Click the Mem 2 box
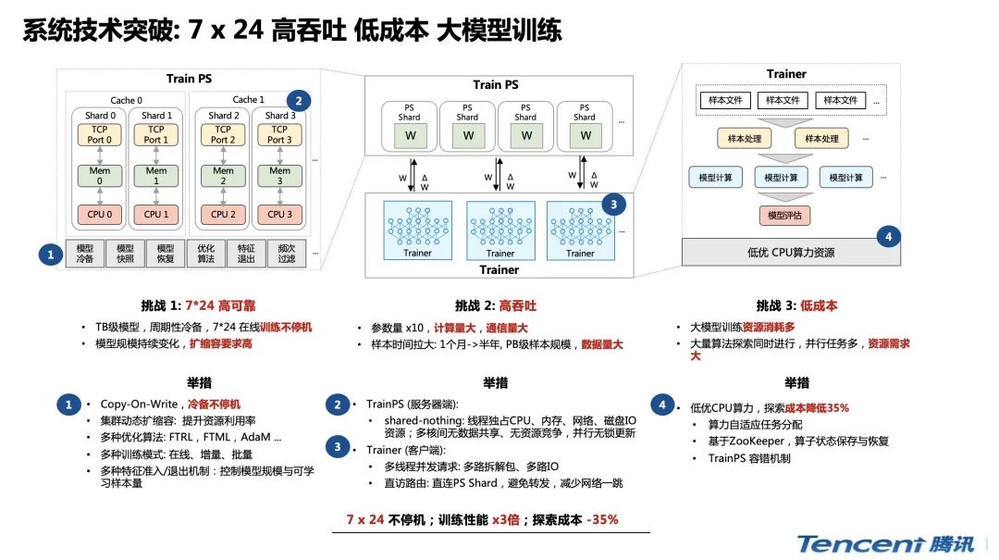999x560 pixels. [x=223, y=176]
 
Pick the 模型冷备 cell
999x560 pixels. [x=85, y=254]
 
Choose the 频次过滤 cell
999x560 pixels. [x=286, y=254]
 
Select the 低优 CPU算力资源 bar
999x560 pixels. [x=784, y=251]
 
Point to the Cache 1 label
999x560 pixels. [x=248, y=100]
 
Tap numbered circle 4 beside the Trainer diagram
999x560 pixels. [x=888, y=237]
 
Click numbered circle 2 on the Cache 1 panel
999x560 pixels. [x=299, y=101]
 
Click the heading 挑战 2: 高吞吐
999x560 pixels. [x=496, y=305]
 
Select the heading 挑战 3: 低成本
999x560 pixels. [x=796, y=305]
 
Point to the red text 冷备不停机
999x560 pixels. [x=214, y=404]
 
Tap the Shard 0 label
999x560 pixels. [x=101, y=116]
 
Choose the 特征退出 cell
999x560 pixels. [x=246, y=254]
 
